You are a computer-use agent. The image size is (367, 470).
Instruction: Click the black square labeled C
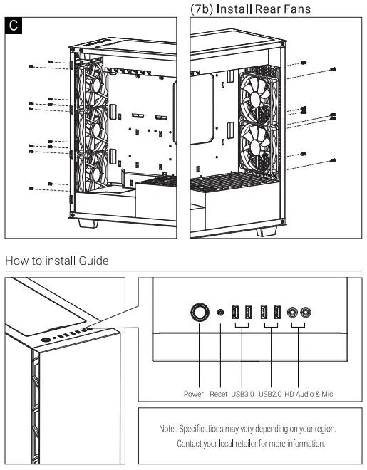coord(14,26)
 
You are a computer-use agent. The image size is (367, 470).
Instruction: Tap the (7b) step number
coord(206,9)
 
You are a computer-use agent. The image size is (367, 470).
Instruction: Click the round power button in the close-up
coord(200,312)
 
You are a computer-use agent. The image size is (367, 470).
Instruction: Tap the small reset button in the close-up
coord(221,312)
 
